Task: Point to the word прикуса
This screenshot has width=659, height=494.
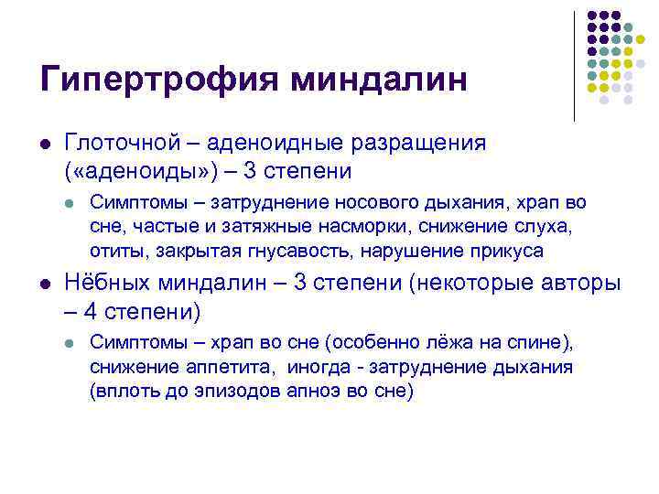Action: click(509, 250)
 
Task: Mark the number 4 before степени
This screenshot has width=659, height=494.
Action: click(90, 312)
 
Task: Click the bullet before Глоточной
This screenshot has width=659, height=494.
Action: click(44, 144)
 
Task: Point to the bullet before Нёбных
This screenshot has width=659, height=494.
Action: click(44, 285)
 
